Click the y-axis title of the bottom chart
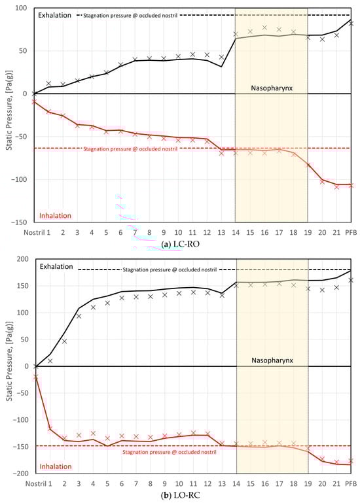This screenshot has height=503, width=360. click(x=9, y=366)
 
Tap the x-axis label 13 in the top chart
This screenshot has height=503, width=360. click(x=221, y=232)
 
